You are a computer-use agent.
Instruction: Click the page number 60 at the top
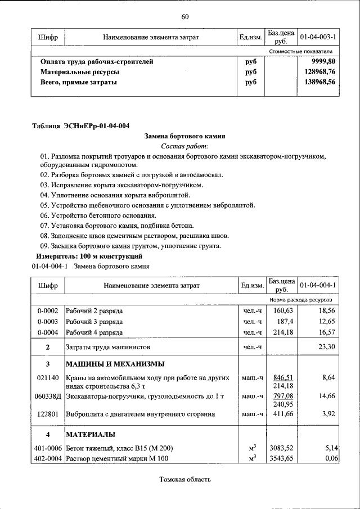pos(184,16)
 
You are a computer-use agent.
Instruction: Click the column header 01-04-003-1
pos(318,37)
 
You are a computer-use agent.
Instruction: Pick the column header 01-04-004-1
pos(318,285)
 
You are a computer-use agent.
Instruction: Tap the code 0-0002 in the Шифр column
pos(48,310)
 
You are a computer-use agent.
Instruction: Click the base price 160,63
pos(283,310)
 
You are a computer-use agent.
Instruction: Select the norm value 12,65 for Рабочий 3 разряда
pos(326,321)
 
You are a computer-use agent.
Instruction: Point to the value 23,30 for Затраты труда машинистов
pos(326,348)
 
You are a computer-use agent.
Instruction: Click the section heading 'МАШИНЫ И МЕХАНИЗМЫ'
pos(115,363)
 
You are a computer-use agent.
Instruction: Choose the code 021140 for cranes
pos(48,378)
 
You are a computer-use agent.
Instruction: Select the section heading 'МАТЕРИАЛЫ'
pos(91,435)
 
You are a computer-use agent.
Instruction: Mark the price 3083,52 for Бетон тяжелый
pos(283,448)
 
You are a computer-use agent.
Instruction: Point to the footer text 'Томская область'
pos(185,480)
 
